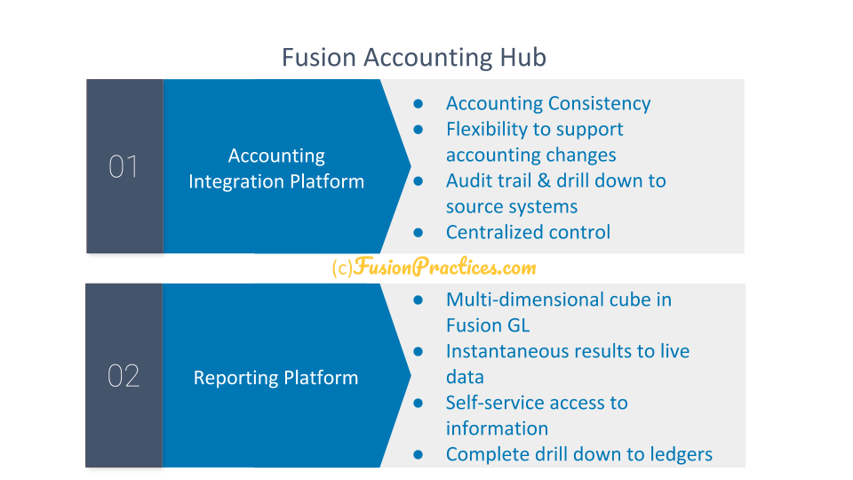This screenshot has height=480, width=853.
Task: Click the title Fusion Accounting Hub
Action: click(413, 58)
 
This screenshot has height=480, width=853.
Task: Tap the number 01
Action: click(124, 166)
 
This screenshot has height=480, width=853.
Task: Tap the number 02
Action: click(124, 375)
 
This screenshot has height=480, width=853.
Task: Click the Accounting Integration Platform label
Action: click(276, 168)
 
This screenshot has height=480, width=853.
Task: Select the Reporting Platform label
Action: click(275, 378)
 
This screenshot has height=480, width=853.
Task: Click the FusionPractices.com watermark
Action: click(434, 267)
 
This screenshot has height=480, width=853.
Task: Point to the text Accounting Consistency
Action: click(548, 103)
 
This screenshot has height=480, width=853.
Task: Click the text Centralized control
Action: click(528, 232)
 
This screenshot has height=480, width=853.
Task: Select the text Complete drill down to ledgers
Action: click(579, 454)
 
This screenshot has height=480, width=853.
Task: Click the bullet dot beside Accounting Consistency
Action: click(418, 103)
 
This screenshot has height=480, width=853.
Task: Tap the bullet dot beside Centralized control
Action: click(418, 232)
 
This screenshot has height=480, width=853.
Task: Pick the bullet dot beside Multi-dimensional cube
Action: click(418, 300)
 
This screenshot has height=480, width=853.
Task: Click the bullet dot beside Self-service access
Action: click(418, 403)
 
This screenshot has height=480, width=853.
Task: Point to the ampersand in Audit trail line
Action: click(544, 180)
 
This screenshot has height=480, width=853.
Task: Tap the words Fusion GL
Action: click(488, 325)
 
